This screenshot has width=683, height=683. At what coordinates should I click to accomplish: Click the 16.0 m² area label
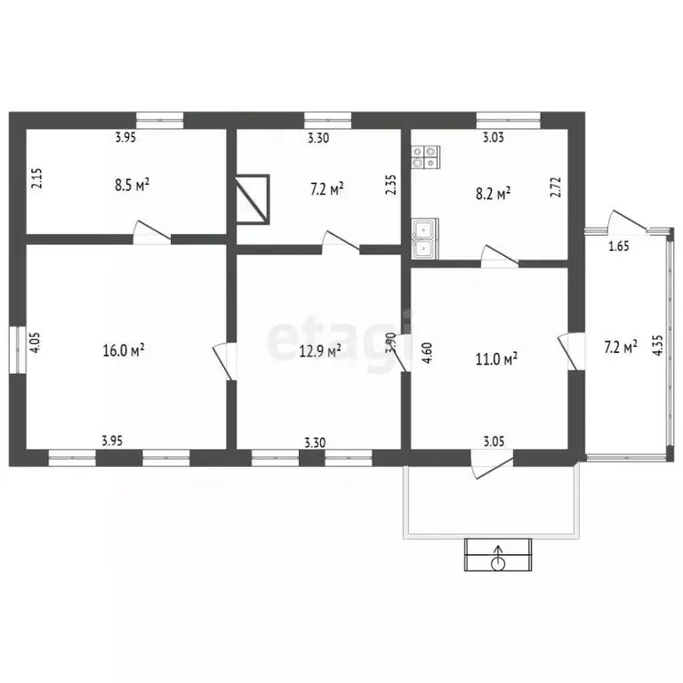[124, 350]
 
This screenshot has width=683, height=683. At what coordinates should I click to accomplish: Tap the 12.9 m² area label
[320, 350]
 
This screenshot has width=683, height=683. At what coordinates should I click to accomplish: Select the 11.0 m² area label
[496, 359]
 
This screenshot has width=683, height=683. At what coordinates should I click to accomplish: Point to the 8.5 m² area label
[133, 185]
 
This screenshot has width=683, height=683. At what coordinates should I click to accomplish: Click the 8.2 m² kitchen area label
[493, 193]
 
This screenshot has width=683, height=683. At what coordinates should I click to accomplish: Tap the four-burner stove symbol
[426, 157]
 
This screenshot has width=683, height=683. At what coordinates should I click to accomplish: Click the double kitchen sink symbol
[425, 239]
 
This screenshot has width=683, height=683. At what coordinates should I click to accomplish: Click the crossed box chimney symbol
[253, 199]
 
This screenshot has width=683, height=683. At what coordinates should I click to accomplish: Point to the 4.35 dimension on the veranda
[658, 345]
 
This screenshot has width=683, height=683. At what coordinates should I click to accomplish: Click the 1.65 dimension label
[619, 246]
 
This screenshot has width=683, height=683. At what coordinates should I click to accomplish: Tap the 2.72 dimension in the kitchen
[556, 188]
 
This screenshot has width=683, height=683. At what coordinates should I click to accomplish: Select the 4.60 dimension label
[427, 353]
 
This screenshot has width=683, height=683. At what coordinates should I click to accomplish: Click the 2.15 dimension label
[37, 178]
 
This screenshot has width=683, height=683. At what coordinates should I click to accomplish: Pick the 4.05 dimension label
[35, 342]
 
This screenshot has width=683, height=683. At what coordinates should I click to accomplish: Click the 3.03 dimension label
[493, 138]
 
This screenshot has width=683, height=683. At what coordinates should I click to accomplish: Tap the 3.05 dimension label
[494, 442]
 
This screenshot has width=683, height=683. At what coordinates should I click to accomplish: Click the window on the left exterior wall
[18, 350]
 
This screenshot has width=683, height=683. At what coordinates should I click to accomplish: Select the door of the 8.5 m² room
[151, 232]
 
